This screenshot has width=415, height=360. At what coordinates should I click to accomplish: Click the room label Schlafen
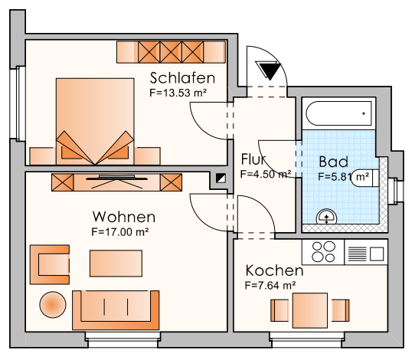[182, 78]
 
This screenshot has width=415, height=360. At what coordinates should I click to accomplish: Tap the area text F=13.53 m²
[179, 93]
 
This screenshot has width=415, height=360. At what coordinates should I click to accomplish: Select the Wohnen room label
[124, 217]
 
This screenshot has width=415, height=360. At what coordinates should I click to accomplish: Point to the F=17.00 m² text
[120, 231]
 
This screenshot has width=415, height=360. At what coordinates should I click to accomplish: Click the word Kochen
[274, 271]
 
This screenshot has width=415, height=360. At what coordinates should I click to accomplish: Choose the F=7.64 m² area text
[270, 285]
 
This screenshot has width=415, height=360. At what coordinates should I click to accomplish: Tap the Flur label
[253, 160]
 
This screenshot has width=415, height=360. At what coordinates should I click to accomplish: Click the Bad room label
[333, 162]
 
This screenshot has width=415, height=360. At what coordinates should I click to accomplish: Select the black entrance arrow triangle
[270, 71]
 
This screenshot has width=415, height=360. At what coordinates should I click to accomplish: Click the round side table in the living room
[53, 305]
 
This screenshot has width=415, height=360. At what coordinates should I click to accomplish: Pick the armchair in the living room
[50, 263]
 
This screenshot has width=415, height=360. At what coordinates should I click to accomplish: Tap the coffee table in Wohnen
[116, 263]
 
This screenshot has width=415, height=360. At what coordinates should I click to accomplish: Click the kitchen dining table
[311, 310]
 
